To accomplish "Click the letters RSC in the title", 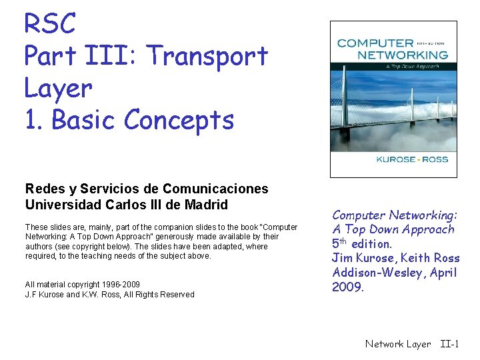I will [50, 24].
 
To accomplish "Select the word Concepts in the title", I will [179, 120].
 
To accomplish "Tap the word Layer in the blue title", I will [58, 88].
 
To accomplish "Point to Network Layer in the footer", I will [398, 344].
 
